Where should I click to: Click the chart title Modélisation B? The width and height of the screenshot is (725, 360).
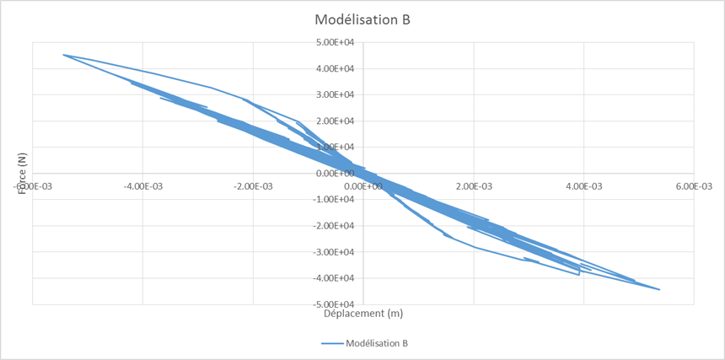point(362,19)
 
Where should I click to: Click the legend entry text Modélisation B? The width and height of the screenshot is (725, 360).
point(377,343)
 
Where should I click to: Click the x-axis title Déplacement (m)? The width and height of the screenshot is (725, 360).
point(363,314)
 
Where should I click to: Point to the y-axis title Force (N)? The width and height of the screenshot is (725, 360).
point(22,173)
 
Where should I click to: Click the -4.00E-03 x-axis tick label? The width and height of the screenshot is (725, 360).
point(142,185)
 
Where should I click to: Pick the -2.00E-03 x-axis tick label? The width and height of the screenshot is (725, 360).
point(252,185)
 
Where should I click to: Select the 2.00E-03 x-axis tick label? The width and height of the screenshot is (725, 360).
point(474,185)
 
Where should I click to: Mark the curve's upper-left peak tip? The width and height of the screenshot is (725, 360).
point(64,55)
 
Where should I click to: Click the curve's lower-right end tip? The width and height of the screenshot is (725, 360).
point(659,289)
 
